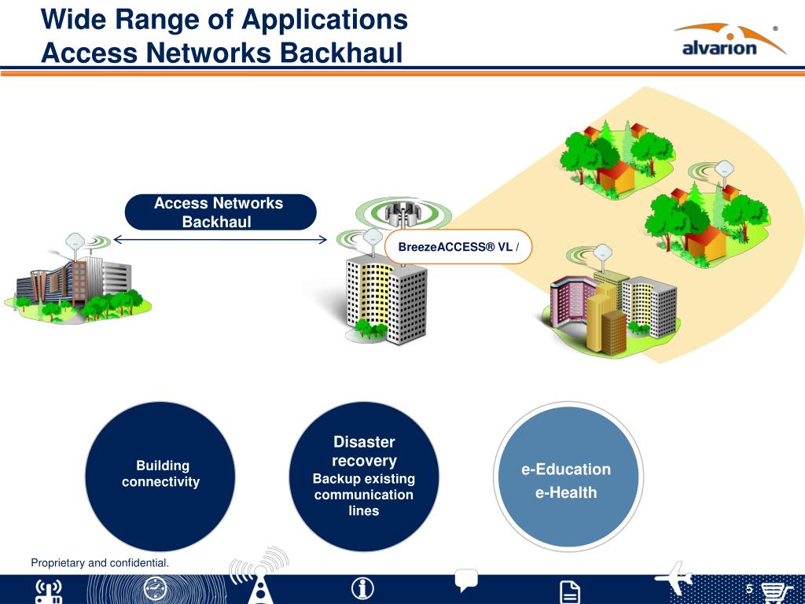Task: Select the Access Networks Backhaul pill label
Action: point(219,212)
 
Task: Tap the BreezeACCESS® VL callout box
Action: point(457,247)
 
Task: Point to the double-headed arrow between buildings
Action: point(220,240)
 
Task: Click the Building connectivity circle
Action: point(160,474)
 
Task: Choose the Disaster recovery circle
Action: point(364,475)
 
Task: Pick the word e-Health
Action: point(566,493)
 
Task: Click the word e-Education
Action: point(566,470)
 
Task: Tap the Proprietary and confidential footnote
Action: point(100,562)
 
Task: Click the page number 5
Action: point(749,590)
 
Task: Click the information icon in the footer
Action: point(362,588)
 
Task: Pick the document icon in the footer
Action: point(570,591)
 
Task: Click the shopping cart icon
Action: point(774,591)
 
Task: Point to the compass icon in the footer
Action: point(156,589)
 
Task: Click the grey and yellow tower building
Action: point(385,295)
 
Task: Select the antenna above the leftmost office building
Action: point(76,241)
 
